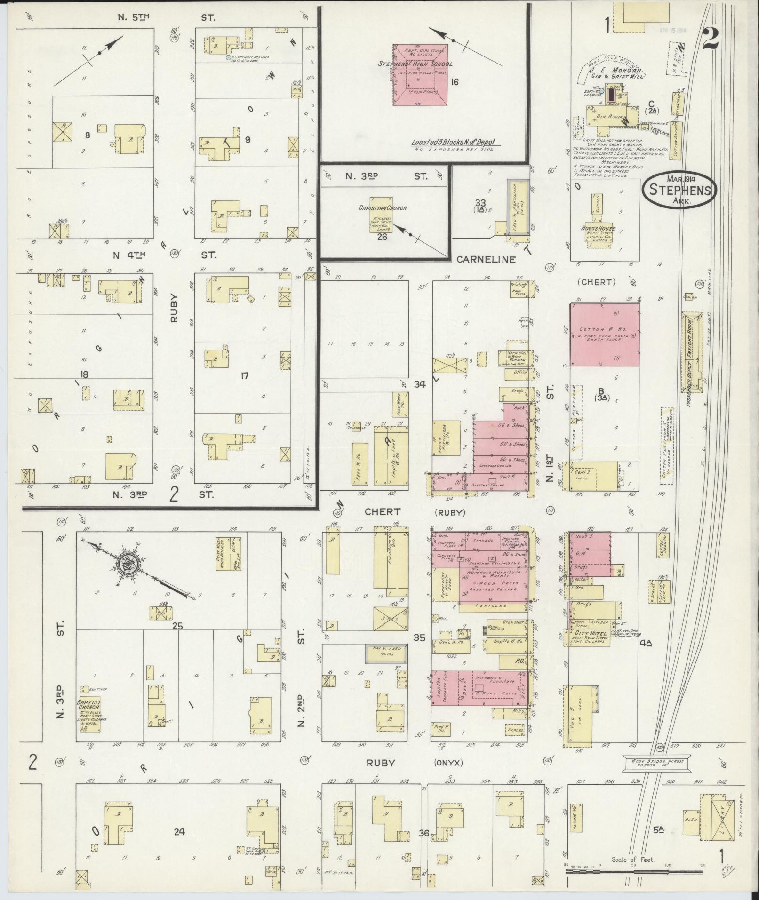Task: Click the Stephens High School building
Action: (420, 75)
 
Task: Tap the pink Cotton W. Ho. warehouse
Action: (604, 334)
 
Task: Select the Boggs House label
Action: (598, 229)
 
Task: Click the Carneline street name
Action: (487, 259)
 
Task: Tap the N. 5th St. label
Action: (133, 18)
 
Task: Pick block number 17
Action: (244, 375)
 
